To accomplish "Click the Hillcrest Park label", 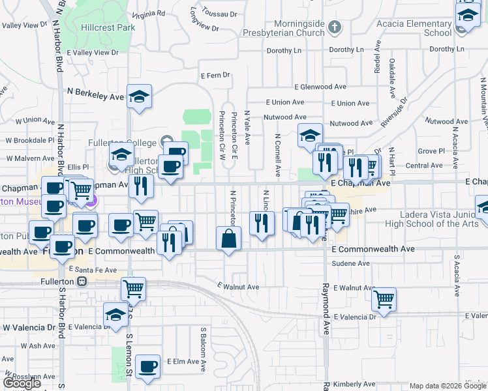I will (x=108, y=28).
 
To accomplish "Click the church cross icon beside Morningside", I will (x=335, y=27).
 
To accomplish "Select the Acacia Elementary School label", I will (x=414, y=28).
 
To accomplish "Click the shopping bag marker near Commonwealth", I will (x=228, y=239).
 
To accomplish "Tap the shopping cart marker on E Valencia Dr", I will (x=384, y=300).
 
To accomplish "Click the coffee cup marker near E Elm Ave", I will (x=148, y=366).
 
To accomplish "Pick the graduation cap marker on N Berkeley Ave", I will (x=139, y=96).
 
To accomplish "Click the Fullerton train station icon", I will (x=82, y=282).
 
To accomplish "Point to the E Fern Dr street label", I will (x=217, y=76).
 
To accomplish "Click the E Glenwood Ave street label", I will (x=320, y=87).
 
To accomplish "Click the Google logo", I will (x=22, y=383).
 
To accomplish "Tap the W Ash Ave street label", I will (x=38, y=345).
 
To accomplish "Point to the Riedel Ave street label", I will (x=377, y=59).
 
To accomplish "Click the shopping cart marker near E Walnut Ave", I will (x=133, y=287).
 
